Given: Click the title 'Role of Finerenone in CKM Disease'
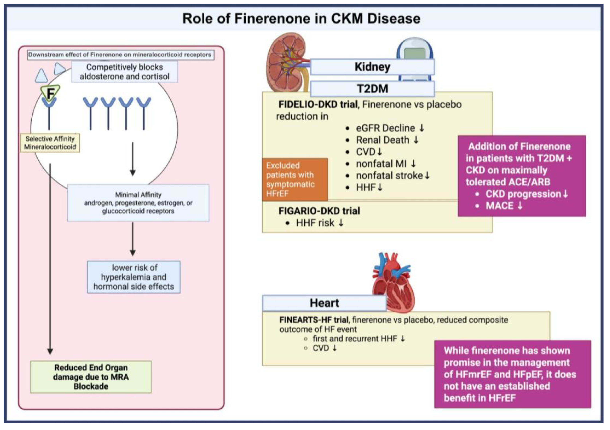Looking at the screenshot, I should point(301,19).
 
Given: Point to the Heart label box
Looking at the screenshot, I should point(324,303).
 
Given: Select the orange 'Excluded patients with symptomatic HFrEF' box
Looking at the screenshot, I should point(294,179).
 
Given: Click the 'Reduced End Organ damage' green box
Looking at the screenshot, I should point(91,377).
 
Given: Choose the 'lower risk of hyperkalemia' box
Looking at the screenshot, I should point(134,277).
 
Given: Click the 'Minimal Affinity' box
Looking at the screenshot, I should point(138,203).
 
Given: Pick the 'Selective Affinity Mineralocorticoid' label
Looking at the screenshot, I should point(50,143).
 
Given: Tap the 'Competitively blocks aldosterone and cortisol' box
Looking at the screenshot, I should point(124,72).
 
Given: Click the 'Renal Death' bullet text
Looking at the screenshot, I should point(383,140).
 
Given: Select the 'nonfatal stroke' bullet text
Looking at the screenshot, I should point(389,176).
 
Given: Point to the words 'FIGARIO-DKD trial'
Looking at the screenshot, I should point(319,211).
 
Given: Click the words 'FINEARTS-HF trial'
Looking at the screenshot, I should point(314,320).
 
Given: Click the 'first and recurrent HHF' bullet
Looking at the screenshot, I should point(355,339).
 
